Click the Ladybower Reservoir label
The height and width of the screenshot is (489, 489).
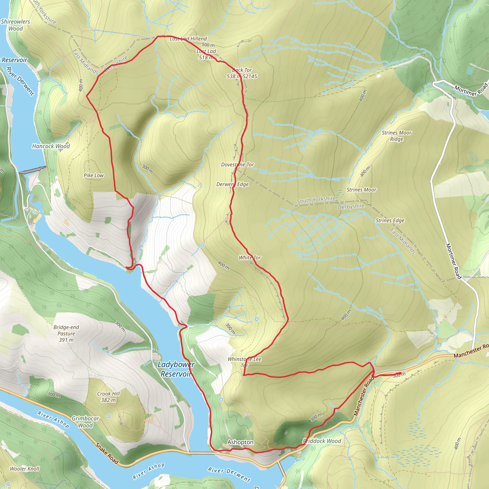[176, 369]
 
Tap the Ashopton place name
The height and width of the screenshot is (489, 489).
[240, 442]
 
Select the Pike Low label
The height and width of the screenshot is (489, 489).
[94, 175]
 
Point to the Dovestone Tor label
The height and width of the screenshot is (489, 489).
[237, 165]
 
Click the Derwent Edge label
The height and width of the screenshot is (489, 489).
[232, 184]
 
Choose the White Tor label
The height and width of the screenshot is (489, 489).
[250, 258]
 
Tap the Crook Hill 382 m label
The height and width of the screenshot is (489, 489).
[108, 397]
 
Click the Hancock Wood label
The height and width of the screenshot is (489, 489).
[51, 146]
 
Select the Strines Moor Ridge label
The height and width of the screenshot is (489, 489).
[396, 136]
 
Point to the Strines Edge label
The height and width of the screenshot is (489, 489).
[390, 220]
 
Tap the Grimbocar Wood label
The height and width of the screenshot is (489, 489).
[85, 422]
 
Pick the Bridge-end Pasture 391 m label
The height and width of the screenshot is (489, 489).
[66, 334]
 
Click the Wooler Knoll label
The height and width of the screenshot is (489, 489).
[25, 469]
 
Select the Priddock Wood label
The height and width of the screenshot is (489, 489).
[322, 441]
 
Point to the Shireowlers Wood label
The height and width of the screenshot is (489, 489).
[16, 25]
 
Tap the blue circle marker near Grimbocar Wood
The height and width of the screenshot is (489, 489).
[109, 416]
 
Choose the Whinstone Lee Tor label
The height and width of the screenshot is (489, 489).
[244, 362]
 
